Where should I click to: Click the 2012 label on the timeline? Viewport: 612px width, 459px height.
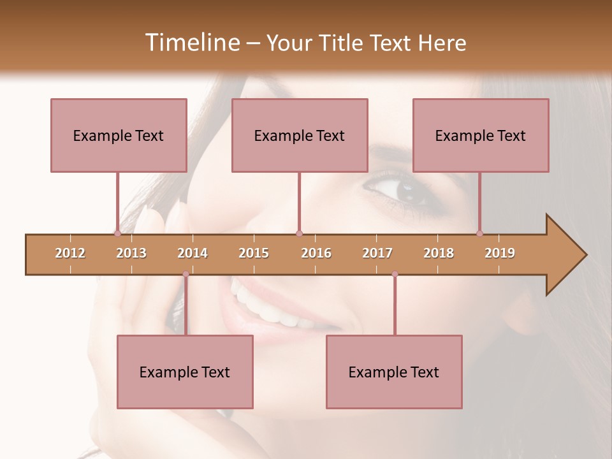coord(70,253)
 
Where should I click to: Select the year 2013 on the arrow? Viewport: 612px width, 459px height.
coord(131,253)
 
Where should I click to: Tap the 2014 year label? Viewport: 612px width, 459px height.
coord(193,253)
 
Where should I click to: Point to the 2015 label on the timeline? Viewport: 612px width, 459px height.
coord(254,253)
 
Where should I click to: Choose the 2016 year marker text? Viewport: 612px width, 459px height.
coord(316,253)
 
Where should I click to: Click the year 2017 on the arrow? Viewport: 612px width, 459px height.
coord(377,253)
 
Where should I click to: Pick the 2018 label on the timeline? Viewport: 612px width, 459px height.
coord(439,253)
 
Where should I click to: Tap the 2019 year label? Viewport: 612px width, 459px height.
coord(500,253)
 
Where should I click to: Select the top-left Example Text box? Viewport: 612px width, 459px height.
coord(119,135)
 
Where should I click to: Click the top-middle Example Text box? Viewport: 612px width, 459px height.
coord(300,135)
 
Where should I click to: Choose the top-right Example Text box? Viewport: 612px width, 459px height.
coord(481,135)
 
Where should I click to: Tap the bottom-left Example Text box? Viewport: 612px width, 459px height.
coord(185,372)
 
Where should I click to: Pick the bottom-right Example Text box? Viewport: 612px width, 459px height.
coord(394,372)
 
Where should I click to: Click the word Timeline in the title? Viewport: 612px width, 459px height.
coord(191,43)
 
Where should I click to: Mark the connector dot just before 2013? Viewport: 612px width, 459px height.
coord(117,233)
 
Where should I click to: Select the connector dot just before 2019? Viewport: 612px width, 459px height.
coord(479,233)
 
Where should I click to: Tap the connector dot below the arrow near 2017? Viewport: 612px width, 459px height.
coord(395,274)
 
